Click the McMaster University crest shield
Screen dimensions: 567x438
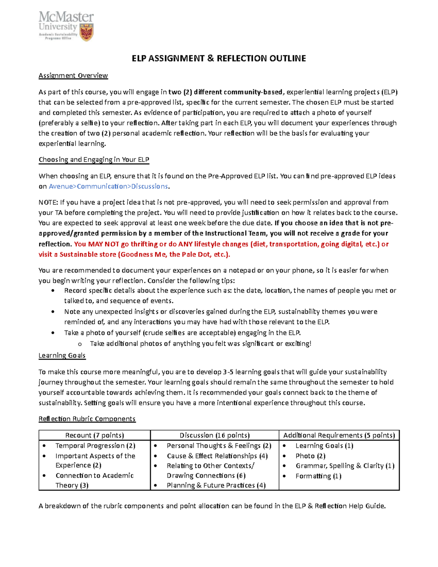click(87, 32)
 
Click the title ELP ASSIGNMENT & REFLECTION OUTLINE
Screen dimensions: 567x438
click(219, 58)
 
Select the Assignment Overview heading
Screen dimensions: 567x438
click(73, 76)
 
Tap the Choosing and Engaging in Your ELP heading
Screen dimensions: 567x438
click(94, 160)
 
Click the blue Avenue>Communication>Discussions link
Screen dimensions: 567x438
click(108, 187)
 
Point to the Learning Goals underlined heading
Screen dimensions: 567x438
click(62, 356)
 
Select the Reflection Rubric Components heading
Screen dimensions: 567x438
click(87, 419)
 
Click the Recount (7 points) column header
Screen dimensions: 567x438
click(95, 435)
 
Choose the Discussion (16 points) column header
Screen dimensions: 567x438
click(215, 435)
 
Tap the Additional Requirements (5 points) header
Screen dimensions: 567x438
click(339, 435)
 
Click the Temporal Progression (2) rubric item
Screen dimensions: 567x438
click(95, 446)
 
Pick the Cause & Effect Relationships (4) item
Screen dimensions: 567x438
click(217, 456)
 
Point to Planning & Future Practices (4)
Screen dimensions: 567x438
click(216, 486)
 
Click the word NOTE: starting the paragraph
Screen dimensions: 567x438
click(48, 203)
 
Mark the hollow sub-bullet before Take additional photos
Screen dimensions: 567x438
click(80, 344)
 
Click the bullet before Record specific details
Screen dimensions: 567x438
click(53, 291)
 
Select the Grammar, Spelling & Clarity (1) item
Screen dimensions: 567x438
click(345, 466)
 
